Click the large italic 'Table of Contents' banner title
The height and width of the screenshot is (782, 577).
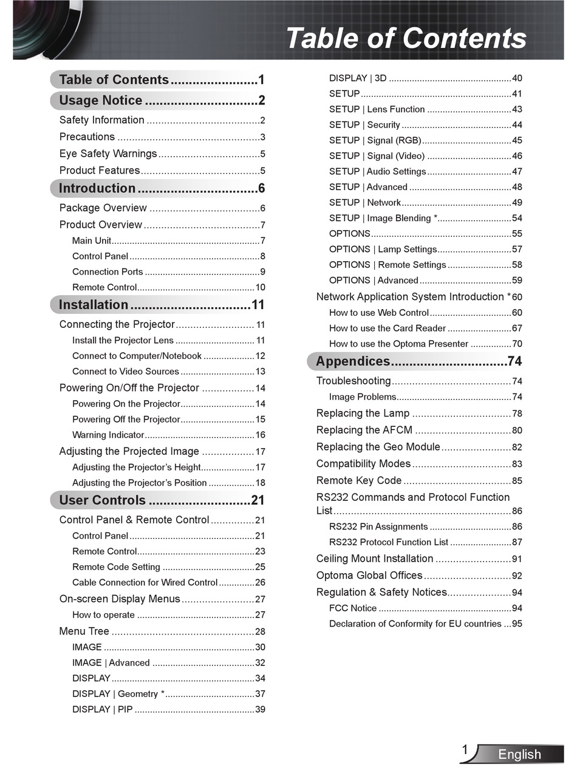pyautogui.click(x=406, y=38)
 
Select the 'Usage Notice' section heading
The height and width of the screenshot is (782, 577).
pyautogui.click(x=101, y=100)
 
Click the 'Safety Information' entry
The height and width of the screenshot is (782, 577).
pyautogui.click(x=102, y=120)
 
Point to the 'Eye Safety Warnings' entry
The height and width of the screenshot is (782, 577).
pyautogui.click(x=108, y=154)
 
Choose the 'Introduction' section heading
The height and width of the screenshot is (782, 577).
pyautogui.click(x=97, y=188)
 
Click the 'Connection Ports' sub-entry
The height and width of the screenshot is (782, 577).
pyautogui.click(x=108, y=272)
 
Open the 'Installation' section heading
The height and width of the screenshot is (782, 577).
pyautogui.click(x=94, y=305)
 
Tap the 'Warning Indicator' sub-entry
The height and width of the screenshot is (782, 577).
pyautogui.click(x=108, y=435)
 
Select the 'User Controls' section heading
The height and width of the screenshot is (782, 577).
pyautogui.click(x=102, y=500)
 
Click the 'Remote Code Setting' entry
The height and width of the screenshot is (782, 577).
pyautogui.click(x=116, y=567)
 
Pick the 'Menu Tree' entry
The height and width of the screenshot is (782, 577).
pyautogui.click(x=84, y=631)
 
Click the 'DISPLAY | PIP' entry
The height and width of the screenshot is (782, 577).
pyautogui.click(x=102, y=709)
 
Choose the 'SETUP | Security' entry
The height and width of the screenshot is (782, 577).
pyautogui.click(x=364, y=125)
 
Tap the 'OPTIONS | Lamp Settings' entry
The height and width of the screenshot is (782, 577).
pyautogui.click(x=383, y=250)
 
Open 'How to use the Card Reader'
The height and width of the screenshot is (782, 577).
pyautogui.click(x=388, y=328)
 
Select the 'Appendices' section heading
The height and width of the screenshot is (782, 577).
pyautogui.click(x=353, y=361)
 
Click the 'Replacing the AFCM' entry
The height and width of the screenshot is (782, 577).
pyautogui.click(x=364, y=430)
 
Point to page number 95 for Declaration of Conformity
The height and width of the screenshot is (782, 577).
pyautogui.click(x=517, y=624)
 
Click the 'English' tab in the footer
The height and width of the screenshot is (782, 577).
pyautogui.click(x=519, y=755)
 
